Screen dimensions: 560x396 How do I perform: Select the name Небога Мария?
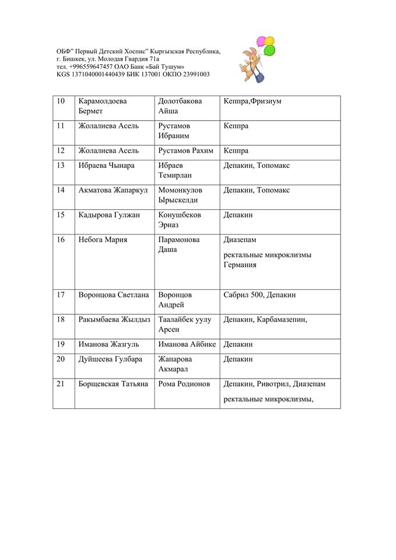click(x=103, y=240)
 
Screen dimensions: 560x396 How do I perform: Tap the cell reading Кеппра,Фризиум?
click(x=252, y=101)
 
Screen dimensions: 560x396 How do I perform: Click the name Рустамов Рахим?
click(x=186, y=150)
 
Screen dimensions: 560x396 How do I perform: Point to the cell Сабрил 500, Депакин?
click(x=260, y=295)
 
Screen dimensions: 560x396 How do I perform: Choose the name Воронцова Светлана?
click(x=113, y=295)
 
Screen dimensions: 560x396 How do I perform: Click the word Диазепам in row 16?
click(x=240, y=240)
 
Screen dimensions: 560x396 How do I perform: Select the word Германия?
click(x=240, y=265)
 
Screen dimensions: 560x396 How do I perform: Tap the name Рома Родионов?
click(x=184, y=384)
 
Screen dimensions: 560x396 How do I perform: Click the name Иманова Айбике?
click(x=187, y=344)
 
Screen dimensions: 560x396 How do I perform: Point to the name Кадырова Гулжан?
click(x=109, y=215)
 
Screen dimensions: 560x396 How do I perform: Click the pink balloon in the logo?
click(x=261, y=41)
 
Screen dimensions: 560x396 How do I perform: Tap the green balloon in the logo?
click(x=269, y=50)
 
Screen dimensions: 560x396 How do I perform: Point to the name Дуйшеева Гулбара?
click(x=110, y=359)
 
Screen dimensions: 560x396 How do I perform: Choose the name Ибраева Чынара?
click(x=106, y=166)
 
